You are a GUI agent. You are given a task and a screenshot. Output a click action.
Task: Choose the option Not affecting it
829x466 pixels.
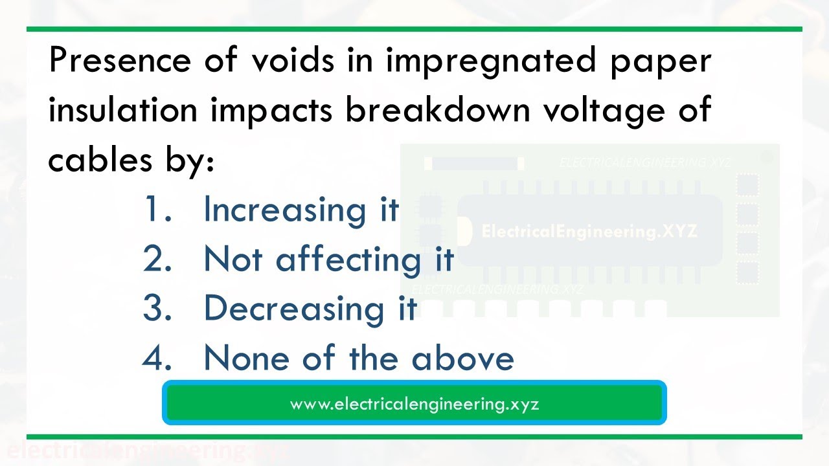click(329, 259)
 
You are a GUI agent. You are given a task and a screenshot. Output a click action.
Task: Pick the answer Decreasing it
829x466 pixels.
click(310, 308)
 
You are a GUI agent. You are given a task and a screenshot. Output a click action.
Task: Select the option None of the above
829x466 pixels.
click(359, 358)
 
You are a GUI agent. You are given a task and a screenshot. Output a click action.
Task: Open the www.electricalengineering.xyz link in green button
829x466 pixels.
click(414, 404)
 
